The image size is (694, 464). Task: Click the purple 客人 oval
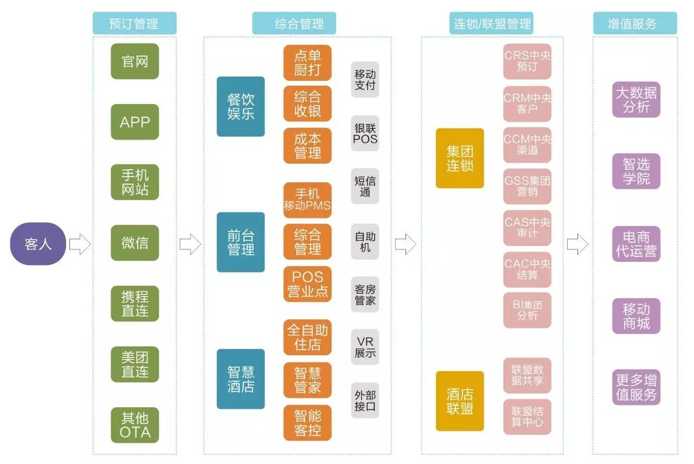click(38, 243)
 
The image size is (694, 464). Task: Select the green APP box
click(134, 122)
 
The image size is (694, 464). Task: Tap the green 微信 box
click(134, 243)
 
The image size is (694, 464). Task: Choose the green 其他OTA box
click(134, 425)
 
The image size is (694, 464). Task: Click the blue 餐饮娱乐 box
click(241, 106)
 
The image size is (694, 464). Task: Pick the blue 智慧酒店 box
click(241, 379)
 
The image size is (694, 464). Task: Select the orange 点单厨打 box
click(307, 63)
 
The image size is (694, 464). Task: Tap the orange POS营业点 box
click(307, 283)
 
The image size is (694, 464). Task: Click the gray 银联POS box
click(365, 133)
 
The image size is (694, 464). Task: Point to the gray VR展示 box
click(365, 347)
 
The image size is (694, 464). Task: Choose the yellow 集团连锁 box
click(460, 158)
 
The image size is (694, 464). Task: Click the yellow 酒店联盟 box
click(460, 401)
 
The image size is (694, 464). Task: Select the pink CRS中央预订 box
click(527, 61)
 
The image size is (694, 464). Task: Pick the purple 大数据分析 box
click(637, 100)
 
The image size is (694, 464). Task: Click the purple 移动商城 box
click(637, 316)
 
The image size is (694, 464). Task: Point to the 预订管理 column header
click(134, 23)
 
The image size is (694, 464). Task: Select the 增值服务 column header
click(635, 23)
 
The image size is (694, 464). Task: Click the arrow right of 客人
click(80, 244)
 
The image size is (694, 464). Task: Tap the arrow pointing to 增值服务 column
click(577, 244)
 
